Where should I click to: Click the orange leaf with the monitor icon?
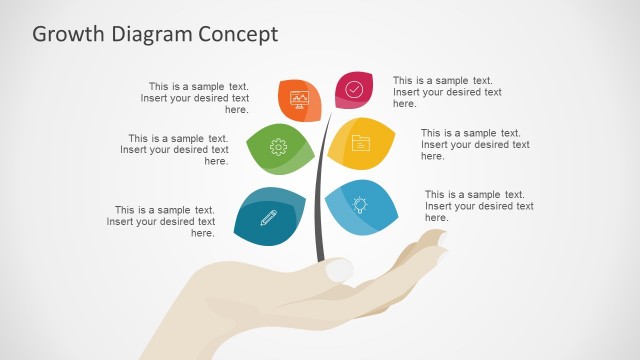(x=299, y=98)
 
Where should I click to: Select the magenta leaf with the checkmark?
(x=354, y=89)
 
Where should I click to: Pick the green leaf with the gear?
(x=277, y=148)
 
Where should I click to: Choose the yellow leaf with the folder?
(x=361, y=142)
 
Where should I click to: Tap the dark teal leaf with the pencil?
(x=269, y=216)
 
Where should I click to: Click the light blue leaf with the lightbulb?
(x=361, y=205)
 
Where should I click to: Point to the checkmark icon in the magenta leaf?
(x=354, y=89)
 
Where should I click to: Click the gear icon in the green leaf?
(x=278, y=147)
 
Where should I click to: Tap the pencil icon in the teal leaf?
(x=268, y=217)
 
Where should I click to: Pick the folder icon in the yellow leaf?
(x=361, y=142)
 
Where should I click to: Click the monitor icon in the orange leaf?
(x=299, y=98)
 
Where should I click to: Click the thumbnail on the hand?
(x=339, y=269)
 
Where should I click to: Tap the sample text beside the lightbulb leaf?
(x=479, y=206)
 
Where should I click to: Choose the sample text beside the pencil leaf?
(x=165, y=221)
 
